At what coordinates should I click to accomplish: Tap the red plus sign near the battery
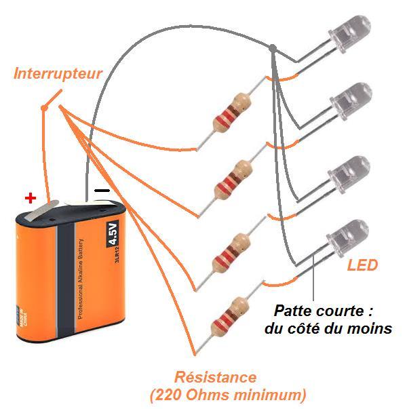29,198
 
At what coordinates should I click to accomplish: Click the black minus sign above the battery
102,191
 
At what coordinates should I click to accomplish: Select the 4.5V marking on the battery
113,232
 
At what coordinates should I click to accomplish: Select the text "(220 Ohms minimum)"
226,393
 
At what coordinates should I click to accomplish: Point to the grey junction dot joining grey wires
272,49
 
